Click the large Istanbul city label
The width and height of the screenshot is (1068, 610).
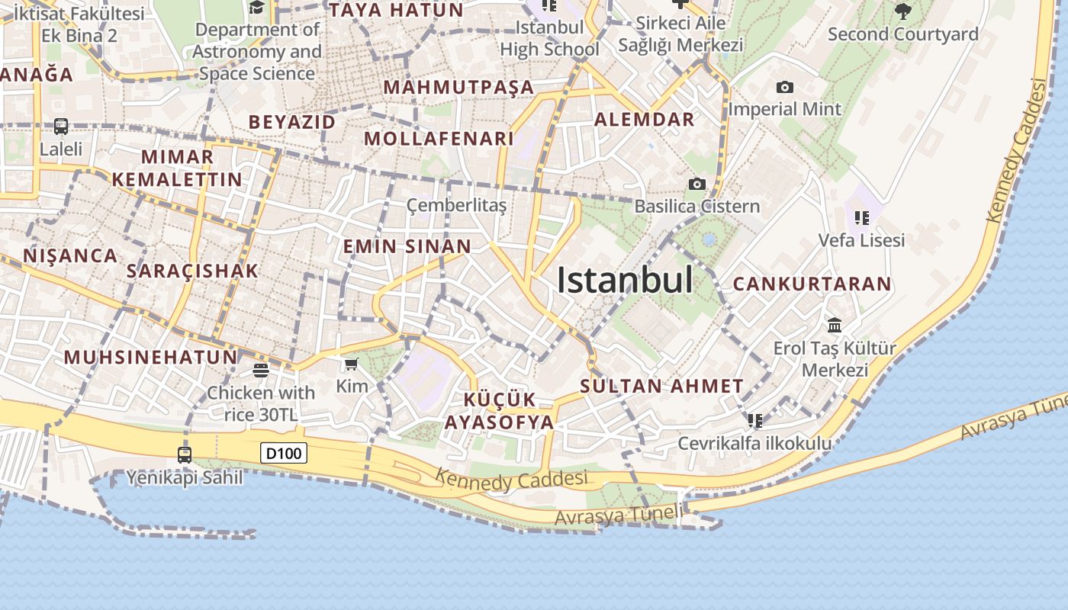(625, 281)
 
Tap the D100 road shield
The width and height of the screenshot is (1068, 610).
(284, 454)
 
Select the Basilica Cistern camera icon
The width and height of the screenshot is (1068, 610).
(696, 184)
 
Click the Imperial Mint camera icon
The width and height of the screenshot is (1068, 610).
(784, 88)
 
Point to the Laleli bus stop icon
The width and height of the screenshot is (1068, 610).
(61, 127)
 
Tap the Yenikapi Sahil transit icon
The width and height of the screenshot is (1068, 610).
(185, 455)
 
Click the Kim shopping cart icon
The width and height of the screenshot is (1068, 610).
(351, 364)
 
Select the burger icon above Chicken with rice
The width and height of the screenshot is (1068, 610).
(261, 371)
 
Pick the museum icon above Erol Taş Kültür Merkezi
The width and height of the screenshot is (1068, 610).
(835, 326)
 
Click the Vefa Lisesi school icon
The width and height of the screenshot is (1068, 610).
(862, 218)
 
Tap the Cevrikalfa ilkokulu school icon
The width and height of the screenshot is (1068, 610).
(755, 420)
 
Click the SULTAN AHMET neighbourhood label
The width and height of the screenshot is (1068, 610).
(661, 386)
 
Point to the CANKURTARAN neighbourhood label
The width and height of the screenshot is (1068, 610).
(812, 284)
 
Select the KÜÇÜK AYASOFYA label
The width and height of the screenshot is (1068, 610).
(500, 411)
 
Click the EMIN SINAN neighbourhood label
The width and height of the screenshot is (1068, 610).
(407, 246)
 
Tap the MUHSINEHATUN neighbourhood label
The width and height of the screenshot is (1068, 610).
(150, 357)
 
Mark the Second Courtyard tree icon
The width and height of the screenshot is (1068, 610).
(902, 11)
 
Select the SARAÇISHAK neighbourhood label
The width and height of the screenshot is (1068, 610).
(192, 271)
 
